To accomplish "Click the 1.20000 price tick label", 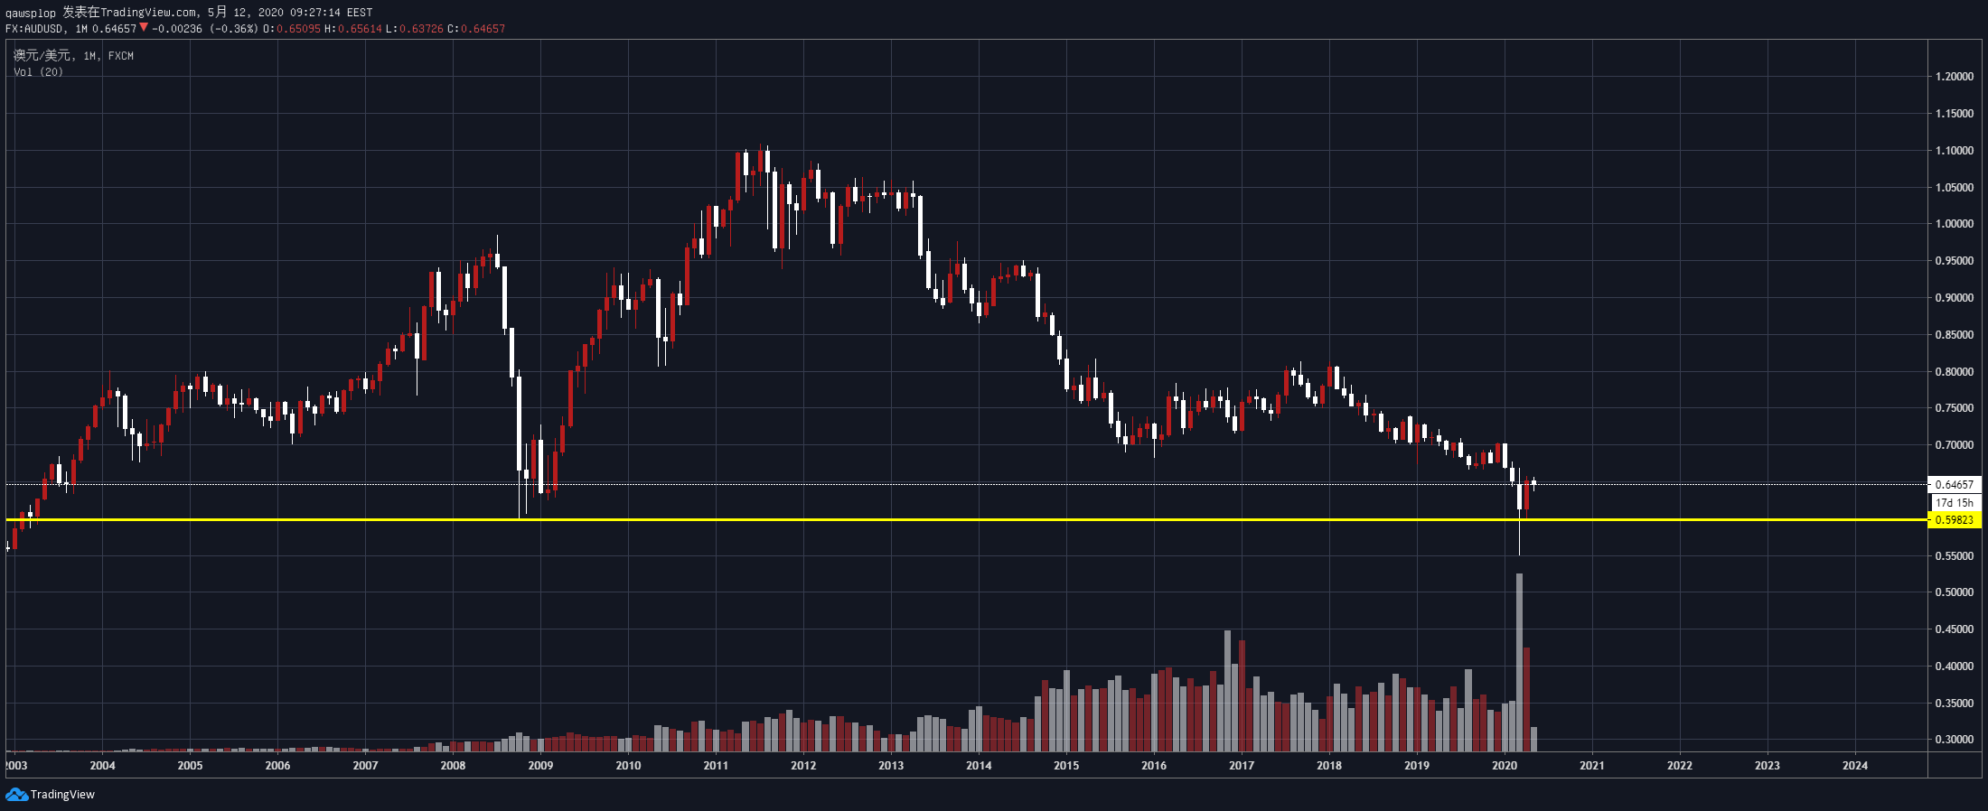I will (x=1954, y=77).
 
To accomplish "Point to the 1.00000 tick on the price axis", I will (x=1954, y=224).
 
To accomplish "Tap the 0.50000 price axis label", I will (x=1954, y=592).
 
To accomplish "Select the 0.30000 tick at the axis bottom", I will (x=1954, y=740).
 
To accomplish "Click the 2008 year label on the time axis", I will (x=453, y=766).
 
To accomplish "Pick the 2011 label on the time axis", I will (x=716, y=766).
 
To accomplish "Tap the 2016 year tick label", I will (x=1154, y=766).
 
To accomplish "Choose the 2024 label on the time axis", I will (x=1855, y=766).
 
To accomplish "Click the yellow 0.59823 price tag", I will (x=1954, y=520).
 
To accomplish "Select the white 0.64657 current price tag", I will (x=1954, y=485).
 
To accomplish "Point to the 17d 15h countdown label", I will (x=1954, y=503).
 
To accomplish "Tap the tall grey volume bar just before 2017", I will (x=1227, y=691).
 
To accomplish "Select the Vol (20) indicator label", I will (x=38, y=72).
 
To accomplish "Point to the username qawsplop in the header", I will (x=30, y=13).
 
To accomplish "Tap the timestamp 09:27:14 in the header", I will (x=314, y=13).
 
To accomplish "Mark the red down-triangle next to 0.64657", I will (x=143, y=28).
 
